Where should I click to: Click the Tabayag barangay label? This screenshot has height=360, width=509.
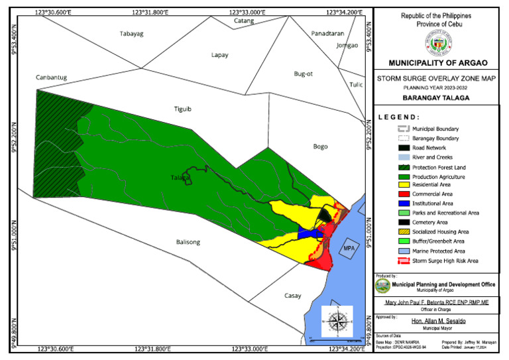131,34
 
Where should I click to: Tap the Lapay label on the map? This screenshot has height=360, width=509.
219,55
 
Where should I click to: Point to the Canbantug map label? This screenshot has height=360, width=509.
52,78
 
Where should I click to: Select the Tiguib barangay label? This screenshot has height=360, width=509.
182,110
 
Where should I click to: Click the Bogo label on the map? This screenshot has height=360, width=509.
321,146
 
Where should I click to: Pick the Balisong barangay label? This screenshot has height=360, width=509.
188,242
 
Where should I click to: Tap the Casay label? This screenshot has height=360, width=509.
293,296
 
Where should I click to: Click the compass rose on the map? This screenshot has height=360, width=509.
337,322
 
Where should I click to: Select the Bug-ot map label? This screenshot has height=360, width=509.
304,74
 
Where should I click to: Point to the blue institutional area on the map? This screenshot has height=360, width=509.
306,233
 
